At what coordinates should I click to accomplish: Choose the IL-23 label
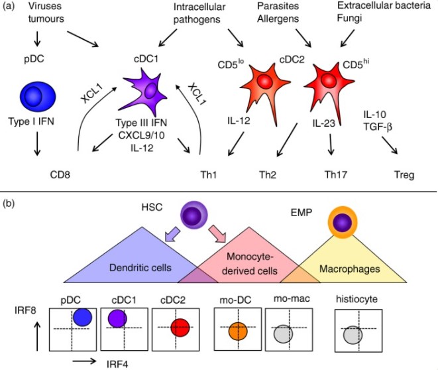coord(327,123)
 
